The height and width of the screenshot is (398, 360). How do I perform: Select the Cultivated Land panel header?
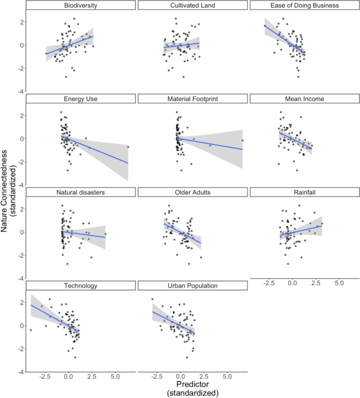[192, 5]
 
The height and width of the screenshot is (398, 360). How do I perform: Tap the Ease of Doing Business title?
[304, 5]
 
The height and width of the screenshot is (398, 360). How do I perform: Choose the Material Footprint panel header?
[192, 99]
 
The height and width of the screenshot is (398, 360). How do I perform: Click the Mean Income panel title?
[304, 99]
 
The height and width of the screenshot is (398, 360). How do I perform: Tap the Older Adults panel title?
[192, 192]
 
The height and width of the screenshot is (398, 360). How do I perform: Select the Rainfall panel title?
[304, 192]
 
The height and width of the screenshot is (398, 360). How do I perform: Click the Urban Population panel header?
[192, 285]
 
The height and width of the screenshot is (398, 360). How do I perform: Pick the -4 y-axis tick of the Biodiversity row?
[19, 91]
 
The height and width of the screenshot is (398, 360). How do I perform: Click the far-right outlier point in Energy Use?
[128, 147]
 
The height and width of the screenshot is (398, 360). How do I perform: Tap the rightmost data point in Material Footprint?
[242, 140]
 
